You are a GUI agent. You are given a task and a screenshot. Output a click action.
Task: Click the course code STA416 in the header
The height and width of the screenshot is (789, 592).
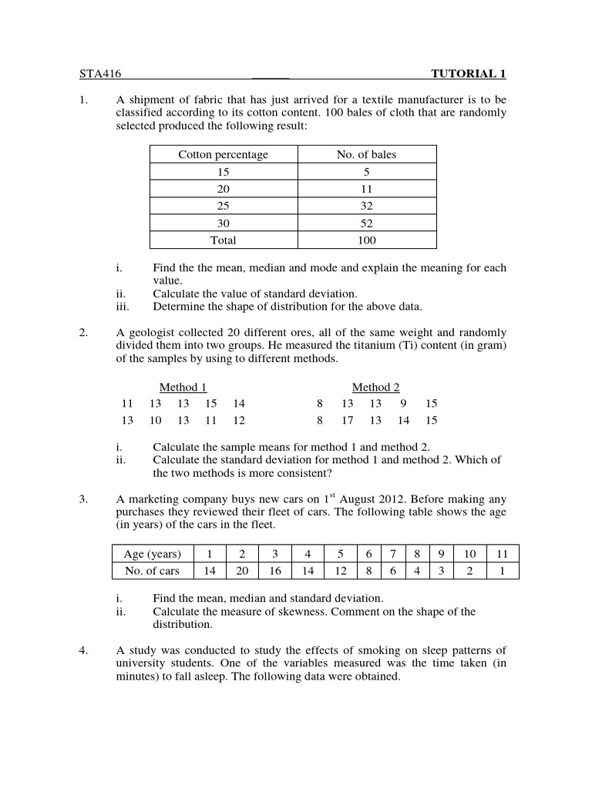point(101,74)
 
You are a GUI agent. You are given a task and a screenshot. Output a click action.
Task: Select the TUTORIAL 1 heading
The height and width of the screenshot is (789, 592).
point(468,74)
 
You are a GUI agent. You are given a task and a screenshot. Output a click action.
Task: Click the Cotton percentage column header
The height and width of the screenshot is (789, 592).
point(223,155)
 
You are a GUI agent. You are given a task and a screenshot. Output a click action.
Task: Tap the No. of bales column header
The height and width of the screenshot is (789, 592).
point(366,155)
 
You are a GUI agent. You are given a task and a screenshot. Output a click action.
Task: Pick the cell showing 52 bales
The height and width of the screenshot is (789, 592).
point(366,223)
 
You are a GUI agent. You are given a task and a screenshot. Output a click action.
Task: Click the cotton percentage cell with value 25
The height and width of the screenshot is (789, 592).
point(223,206)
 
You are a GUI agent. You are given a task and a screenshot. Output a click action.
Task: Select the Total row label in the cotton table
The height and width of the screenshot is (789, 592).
point(223,240)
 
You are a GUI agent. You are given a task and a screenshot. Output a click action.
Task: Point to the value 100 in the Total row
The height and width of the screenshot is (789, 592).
point(366,240)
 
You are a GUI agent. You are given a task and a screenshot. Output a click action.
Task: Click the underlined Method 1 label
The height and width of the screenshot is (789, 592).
point(183,388)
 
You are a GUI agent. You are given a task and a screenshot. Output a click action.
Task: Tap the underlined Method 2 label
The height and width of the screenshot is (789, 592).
point(375,388)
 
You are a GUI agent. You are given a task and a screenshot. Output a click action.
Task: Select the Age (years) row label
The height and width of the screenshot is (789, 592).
point(152,554)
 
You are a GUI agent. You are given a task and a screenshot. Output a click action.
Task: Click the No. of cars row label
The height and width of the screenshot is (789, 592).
point(152,571)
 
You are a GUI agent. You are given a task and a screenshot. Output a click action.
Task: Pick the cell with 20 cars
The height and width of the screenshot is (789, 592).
point(242,571)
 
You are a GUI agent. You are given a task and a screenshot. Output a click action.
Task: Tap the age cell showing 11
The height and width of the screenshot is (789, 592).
point(502,554)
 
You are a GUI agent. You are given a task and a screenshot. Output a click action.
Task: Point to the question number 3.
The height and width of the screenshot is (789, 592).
point(83,500)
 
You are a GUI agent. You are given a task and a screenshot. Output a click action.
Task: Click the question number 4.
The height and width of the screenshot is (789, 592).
point(83,650)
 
